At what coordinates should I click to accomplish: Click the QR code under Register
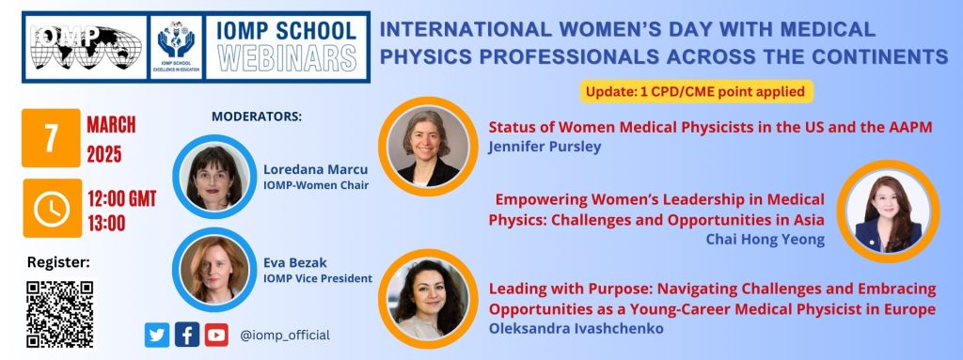tap(59, 314)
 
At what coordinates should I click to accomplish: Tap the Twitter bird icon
tap(157, 335)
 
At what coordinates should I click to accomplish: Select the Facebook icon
tap(187, 335)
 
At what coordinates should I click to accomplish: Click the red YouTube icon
tap(216, 335)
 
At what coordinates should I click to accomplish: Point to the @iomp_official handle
tap(285, 336)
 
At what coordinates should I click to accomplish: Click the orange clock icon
tap(53, 209)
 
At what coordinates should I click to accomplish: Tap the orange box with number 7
tap(51, 137)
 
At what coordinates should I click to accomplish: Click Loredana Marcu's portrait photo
tap(214, 177)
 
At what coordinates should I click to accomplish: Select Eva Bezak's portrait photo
tap(214, 270)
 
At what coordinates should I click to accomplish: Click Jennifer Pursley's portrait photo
tap(428, 147)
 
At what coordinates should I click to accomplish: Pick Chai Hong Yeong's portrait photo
tap(888, 211)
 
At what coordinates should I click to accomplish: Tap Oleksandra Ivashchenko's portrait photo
tap(428, 299)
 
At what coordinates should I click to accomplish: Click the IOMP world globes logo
tap(86, 47)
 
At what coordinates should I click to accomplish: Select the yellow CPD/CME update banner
tap(697, 91)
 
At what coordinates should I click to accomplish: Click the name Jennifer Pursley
tap(545, 147)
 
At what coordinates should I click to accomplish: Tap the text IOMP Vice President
tap(318, 278)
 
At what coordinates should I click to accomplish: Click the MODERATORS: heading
tap(257, 117)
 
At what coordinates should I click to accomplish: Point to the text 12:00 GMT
tap(121, 199)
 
